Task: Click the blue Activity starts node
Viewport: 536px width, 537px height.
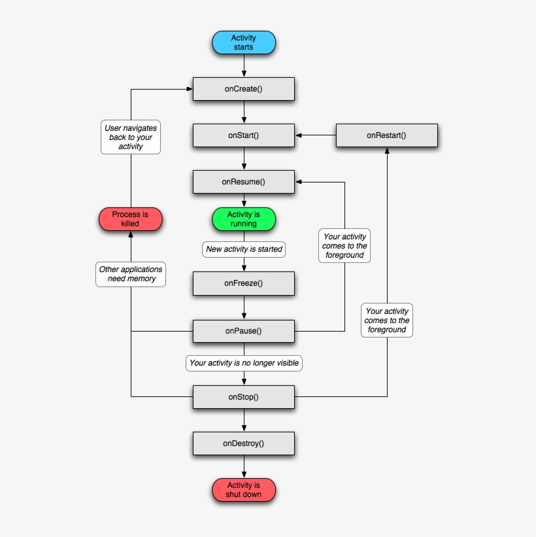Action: tap(244, 43)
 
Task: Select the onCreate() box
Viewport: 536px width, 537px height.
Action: tap(243, 89)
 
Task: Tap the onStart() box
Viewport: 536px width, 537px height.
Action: tap(243, 135)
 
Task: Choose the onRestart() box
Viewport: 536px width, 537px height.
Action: tap(386, 135)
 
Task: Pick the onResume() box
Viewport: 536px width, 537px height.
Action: tap(243, 182)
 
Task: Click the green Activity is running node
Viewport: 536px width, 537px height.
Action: tap(243, 219)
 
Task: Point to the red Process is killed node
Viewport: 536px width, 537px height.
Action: tap(130, 219)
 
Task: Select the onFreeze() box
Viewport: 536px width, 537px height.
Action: tap(243, 284)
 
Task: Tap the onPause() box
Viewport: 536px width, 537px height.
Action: tap(243, 331)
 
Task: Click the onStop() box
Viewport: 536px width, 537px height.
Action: tap(243, 396)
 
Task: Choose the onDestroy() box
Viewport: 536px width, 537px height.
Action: tap(243, 443)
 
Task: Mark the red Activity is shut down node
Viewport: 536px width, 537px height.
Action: tap(244, 490)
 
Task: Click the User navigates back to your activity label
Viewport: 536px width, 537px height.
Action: tap(131, 137)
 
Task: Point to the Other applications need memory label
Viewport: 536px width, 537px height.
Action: tap(131, 274)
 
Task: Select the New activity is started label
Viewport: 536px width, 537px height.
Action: tap(244, 249)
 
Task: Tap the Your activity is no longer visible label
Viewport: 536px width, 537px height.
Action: tap(244, 362)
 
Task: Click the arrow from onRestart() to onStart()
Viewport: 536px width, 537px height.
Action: tap(315, 135)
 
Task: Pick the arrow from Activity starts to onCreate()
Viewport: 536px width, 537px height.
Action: tap(244, 65)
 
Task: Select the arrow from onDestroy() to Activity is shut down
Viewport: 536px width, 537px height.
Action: tap(244, 466)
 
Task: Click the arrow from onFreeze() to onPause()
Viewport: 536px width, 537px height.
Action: tap(244, 307)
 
